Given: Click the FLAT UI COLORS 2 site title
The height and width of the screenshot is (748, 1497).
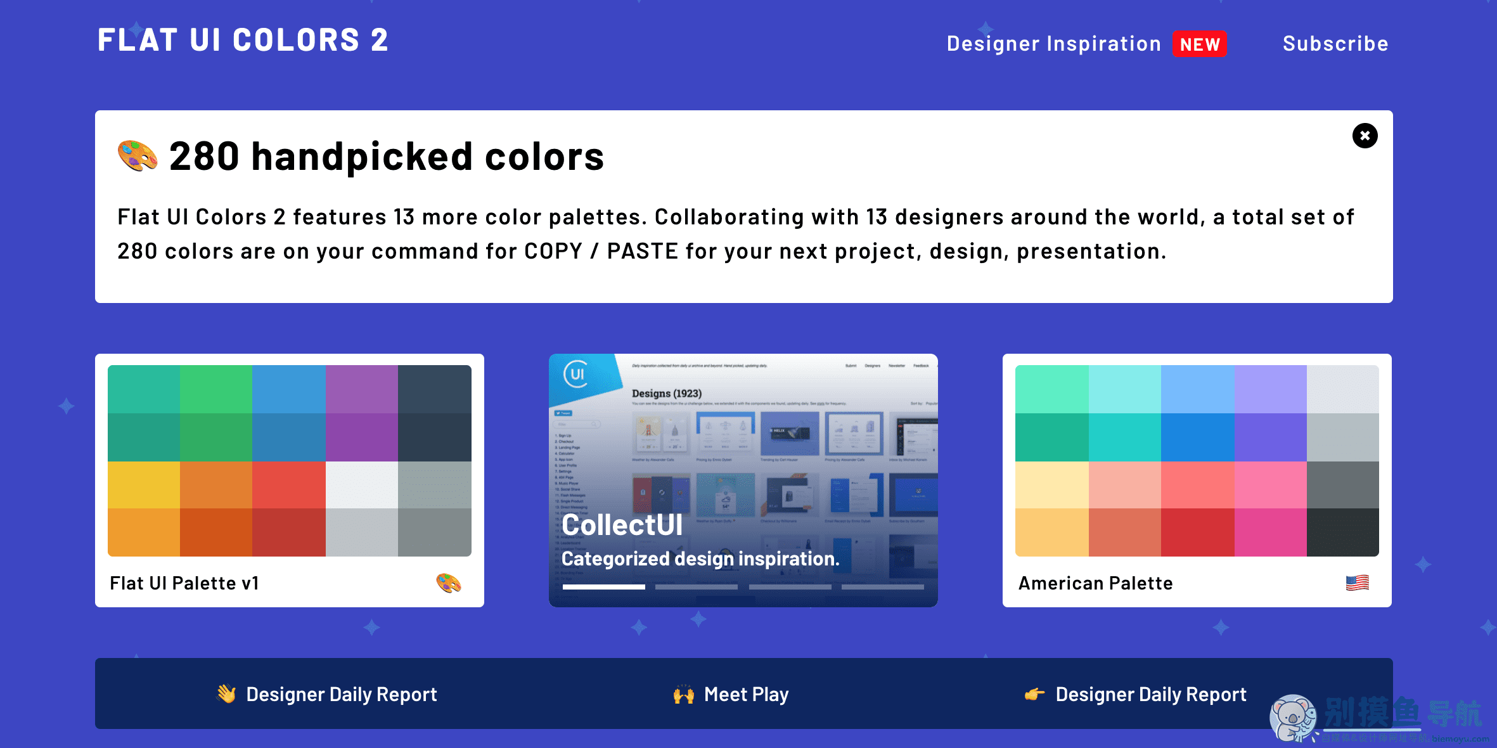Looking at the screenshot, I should click(243, 41).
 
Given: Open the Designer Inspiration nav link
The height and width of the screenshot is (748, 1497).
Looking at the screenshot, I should click(1053, 44).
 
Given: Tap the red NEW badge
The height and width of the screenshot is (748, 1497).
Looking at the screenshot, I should click(1199, 44).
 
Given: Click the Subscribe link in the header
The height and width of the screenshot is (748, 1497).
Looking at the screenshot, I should click(1335, 44).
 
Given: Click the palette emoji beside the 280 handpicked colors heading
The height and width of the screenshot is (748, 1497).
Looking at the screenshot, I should click(138, 156).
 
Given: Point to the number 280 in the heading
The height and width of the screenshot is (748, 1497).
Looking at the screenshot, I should click(204, 157).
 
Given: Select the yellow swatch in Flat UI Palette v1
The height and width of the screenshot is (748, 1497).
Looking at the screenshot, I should click(144, 485).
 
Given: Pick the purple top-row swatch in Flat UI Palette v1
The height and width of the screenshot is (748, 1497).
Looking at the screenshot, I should click(362, 389).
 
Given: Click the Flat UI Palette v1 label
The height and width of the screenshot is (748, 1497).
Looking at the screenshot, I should click(184, 583).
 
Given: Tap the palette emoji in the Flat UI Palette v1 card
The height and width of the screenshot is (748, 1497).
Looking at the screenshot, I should click(449, 583).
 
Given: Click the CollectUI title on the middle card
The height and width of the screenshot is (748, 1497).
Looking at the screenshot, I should click(622, 525).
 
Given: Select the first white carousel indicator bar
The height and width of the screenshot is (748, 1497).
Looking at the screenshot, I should click(603, 587).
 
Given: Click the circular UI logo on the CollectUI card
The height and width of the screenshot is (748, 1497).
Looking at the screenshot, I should click(576, 374).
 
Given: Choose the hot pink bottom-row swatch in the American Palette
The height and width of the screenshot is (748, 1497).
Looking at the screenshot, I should click(1270, 532).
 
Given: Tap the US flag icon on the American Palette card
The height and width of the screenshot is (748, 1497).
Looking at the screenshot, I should click(1357, 583).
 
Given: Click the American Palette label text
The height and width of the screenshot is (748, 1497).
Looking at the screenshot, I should click(1095, 583).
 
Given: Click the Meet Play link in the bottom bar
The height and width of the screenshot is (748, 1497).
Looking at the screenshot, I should click(746, 695).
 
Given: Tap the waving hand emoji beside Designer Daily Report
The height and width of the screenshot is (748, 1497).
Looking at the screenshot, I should click(226, 694).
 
